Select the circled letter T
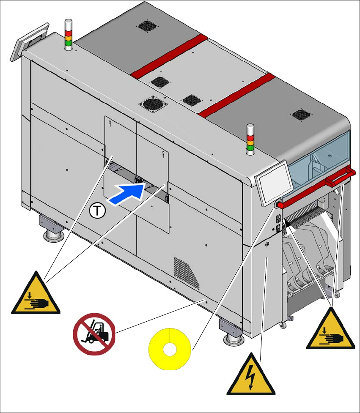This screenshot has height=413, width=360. coord(97,210)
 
